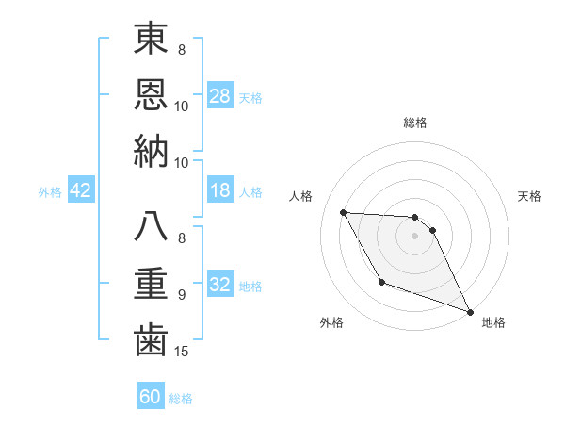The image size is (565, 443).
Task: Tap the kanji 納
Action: coord(151,151)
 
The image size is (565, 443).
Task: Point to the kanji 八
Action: coord(151,228)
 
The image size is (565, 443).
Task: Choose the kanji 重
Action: coord(151,283)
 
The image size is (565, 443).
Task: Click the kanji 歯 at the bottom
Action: coord(151,339)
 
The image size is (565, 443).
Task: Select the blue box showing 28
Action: coord(220,96)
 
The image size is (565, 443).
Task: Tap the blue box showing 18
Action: coord(220,191)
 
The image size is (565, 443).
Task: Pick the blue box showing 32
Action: coord(220,285)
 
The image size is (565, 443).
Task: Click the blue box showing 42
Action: coord(81,191)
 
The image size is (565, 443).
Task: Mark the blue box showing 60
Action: coord(151,397)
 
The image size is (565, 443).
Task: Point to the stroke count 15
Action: coord(183,352)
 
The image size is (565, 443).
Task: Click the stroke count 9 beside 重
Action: coord(182,294)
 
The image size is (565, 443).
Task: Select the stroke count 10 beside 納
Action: coord(183,161)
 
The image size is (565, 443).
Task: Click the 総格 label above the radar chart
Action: coord(415,123)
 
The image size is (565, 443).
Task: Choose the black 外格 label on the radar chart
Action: coord(331,322)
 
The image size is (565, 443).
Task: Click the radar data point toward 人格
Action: coord(344,212)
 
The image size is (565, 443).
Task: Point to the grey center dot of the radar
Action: coord(415,236)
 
